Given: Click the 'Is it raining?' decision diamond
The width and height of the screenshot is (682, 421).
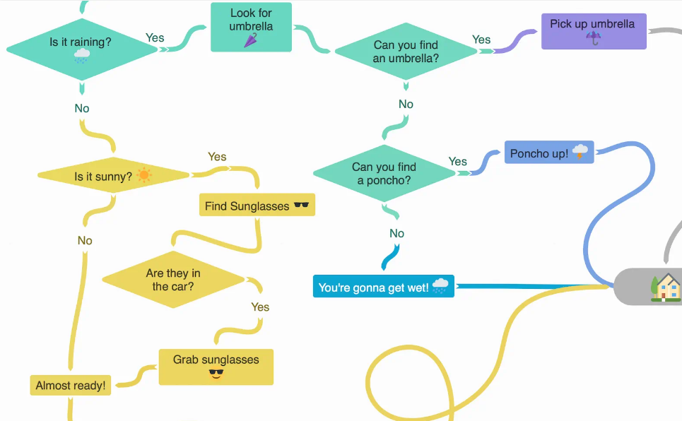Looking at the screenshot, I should click(x=81, y=49).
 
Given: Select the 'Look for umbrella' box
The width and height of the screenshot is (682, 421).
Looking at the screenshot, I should click(x=251, y=27).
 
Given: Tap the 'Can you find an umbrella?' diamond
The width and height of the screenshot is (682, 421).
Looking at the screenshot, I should click(x=406, y=52).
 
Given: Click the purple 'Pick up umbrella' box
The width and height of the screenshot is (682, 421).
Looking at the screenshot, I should click(x=593, y=31).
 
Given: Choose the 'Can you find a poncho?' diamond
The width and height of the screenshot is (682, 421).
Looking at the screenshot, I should click(x=384, y=174).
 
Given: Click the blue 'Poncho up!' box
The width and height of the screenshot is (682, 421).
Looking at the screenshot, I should click(x=548, y=153).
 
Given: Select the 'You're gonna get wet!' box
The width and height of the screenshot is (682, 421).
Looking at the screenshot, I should click(x=383, y=287).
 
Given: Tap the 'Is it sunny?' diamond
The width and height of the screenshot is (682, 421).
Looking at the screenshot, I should click(x=113, y=176).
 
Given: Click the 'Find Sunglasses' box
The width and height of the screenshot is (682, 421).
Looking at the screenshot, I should click(x=257, y=206).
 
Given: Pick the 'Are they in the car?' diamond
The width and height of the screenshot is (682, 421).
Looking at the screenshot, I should click(x=173, y=280).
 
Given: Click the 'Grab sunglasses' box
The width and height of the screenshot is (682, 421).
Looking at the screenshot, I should click(x=216, y=367).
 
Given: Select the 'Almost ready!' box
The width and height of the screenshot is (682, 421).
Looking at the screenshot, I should click(x=71, y=386).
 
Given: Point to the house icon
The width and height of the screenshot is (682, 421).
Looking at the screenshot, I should click(x=666, y=287).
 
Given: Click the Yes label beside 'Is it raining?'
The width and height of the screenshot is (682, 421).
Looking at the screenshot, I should click(x=155, y=37).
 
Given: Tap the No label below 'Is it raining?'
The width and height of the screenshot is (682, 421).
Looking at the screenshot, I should click(x=82, y=109).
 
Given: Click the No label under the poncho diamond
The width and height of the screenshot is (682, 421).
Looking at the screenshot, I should click(x=396, y=234).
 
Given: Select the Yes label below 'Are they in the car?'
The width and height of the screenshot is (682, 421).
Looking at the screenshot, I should click(x=260, y=307).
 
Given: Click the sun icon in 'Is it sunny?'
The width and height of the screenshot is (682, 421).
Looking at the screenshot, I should click(x=144, y=175).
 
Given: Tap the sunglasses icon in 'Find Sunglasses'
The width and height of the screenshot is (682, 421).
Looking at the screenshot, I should click(x=302, y=206).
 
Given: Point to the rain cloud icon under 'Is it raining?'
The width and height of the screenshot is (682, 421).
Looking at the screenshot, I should click(x=82, y=57).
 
